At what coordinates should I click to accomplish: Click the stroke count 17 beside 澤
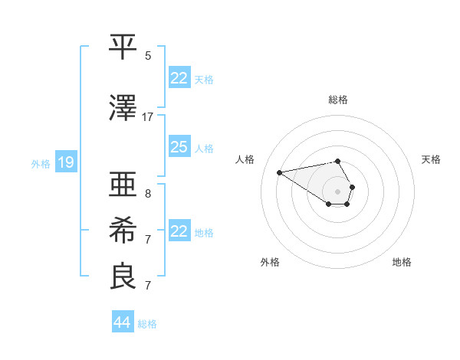148,116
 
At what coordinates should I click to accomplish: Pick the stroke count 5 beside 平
148,55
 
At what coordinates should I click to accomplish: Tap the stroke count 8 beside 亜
148,193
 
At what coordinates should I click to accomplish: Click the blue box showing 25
179,147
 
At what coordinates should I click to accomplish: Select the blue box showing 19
65,162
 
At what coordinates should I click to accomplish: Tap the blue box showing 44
122,322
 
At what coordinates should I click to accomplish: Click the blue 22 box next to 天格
179,78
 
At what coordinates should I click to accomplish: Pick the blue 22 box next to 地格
179,231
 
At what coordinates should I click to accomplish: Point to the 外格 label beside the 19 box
41,163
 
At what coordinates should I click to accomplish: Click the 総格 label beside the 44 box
147,324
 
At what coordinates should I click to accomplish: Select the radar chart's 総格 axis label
338,100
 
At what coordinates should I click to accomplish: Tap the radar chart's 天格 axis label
432,159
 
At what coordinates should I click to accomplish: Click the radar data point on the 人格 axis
279,172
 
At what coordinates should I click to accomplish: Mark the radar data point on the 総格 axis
338,161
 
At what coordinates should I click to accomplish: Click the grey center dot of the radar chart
338,191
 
